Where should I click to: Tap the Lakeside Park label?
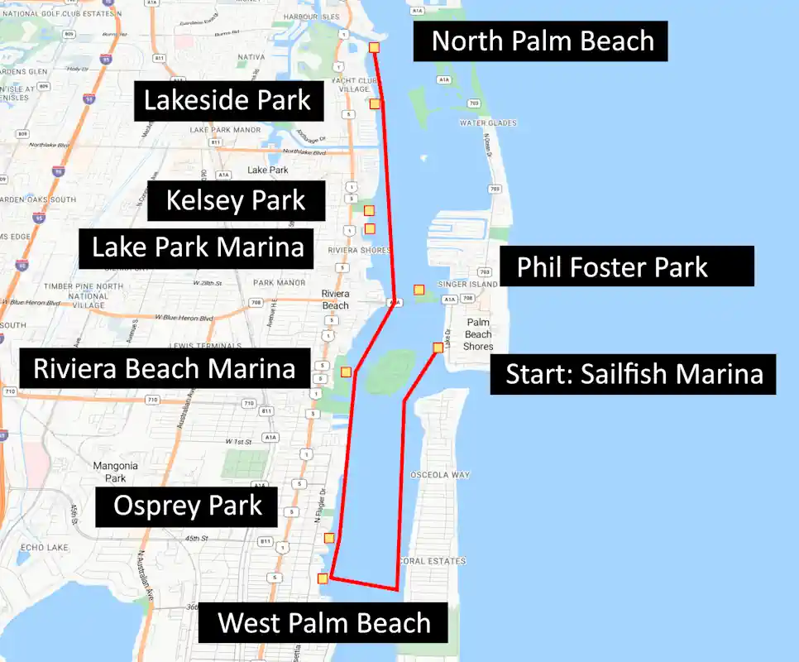(x=227, y=100)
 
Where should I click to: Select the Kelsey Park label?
(x=235, y=200)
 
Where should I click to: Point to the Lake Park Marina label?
(x=197, y=247)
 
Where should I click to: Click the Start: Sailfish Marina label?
(x=633, y=373)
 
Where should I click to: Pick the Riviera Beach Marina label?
(x=165, y=368)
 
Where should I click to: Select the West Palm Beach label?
(x=323, y=622)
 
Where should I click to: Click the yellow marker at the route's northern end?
(x=375, y=48)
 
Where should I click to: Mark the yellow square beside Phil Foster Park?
(x=419, y=290)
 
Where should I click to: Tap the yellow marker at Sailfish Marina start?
(x=438, y=348)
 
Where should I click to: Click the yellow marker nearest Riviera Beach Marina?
(x=346, y=372)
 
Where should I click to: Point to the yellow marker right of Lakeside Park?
(x=375, y=103)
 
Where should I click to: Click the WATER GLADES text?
(x=488, y=123)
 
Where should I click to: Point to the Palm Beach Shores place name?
(x=478, y=334)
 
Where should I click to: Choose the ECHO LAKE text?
(x=42, y=547)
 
